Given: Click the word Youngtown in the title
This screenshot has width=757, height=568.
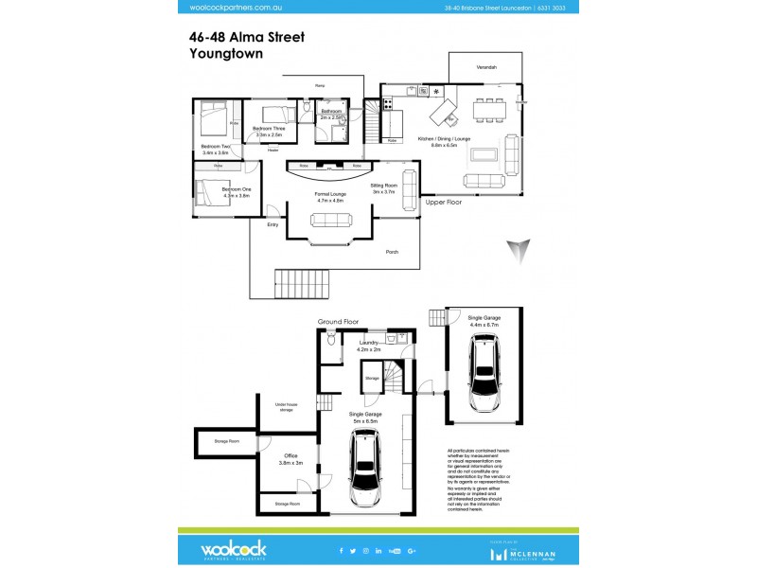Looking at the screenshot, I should [x=226, y=55].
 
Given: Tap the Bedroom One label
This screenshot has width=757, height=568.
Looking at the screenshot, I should [x=237, y=189].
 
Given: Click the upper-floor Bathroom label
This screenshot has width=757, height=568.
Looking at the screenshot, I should [x=330, y=112].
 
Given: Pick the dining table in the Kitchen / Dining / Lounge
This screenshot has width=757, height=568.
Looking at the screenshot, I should [x=489, y=110].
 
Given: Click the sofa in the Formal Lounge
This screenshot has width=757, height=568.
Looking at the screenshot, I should [x=329, y=221].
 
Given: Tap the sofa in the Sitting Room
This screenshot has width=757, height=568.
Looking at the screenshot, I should [x=410, y=188].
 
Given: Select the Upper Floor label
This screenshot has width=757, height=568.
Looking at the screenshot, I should [x=443, y=203].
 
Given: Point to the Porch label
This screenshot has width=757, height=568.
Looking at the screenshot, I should [x=392, y=252].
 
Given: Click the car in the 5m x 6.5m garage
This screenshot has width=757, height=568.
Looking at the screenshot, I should [x=365, y=468].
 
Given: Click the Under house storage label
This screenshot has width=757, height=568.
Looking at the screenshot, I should [x=286, y=407].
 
